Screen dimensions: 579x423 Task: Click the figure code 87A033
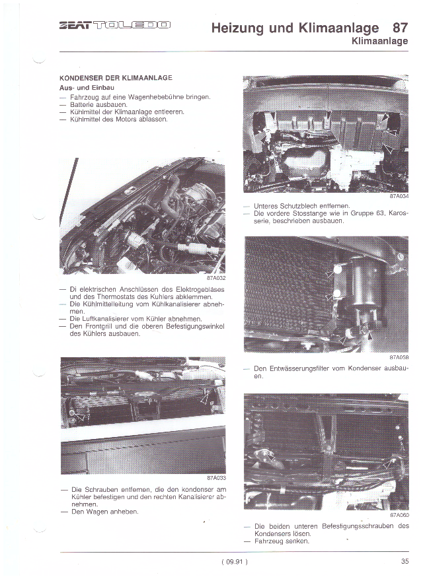coord(215,478)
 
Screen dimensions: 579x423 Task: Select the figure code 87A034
coord(399,196)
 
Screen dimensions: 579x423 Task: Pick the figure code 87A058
coord(399,357)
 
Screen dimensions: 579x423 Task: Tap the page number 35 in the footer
coord(404,562)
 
